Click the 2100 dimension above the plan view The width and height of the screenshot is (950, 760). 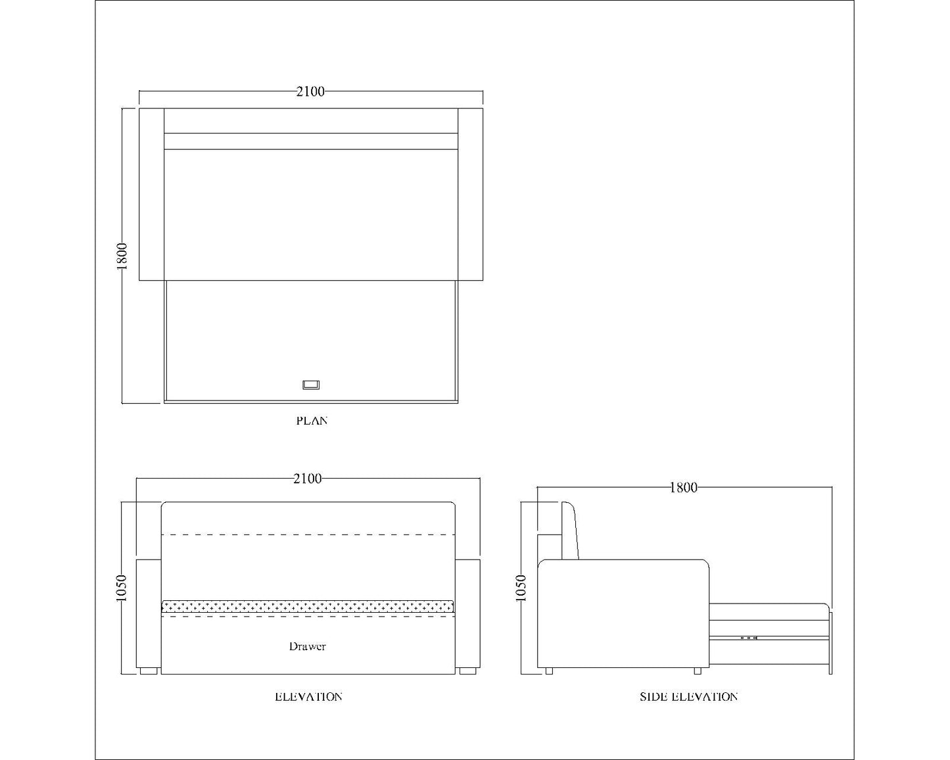click(x=310, y=92)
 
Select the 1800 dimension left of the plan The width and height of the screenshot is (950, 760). click(x=122, y=255)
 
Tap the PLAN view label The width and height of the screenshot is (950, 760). click(x=312, y=421)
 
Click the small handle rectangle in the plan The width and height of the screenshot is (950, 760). click(x=311, y=385)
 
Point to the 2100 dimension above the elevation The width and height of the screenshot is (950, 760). click(x=308, y=479)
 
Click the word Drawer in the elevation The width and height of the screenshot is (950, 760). click(x=307, y=647)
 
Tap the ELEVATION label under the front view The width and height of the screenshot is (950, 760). click(x=308, y=697)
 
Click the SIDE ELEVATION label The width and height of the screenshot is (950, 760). click(x=688, y=697)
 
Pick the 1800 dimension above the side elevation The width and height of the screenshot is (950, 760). click(x=683, y=488)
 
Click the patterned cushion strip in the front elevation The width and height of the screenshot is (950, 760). click(x=308, y=606)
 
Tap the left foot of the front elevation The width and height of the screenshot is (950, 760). click(x=148, y=671)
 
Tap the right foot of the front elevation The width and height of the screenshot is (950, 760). click(x=467, y=671)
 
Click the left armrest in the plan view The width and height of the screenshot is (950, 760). click(x=151, y=194)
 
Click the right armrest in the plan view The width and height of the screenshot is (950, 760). click(x=470, y=194)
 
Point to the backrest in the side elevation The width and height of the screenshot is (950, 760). click(x=569, y=531)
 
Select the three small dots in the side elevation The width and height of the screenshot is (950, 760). click(x=748, y=638)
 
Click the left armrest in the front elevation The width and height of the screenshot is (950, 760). click(x=149, y=613)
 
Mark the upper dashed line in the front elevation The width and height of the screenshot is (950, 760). click(x=308, y=534)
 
